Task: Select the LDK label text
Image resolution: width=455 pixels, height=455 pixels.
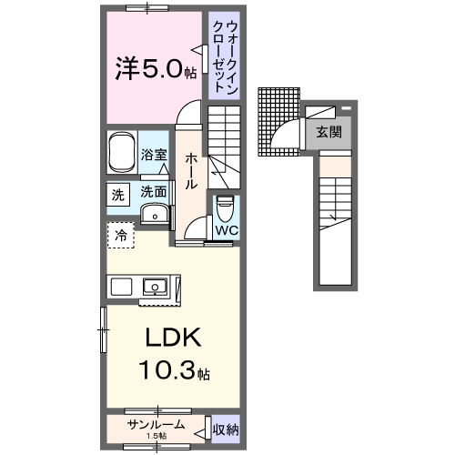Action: click(x=173, y=339)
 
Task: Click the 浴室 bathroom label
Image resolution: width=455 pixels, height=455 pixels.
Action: click(x=154, y=156)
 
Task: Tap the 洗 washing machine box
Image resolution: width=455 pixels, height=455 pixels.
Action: click(x=117, y=194)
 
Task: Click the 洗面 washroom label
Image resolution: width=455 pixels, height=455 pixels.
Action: click(x=153, y=192)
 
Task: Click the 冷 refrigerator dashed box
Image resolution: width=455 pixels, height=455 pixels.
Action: click(x=120, y=235)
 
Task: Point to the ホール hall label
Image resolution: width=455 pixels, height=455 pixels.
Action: click(x=192, y=170)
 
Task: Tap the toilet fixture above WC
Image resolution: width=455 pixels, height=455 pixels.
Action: click(x=225, y=208)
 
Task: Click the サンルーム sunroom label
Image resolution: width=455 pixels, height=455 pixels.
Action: click(x=156, y=424)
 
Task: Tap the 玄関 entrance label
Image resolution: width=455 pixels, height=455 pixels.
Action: click(x=329, y=132)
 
